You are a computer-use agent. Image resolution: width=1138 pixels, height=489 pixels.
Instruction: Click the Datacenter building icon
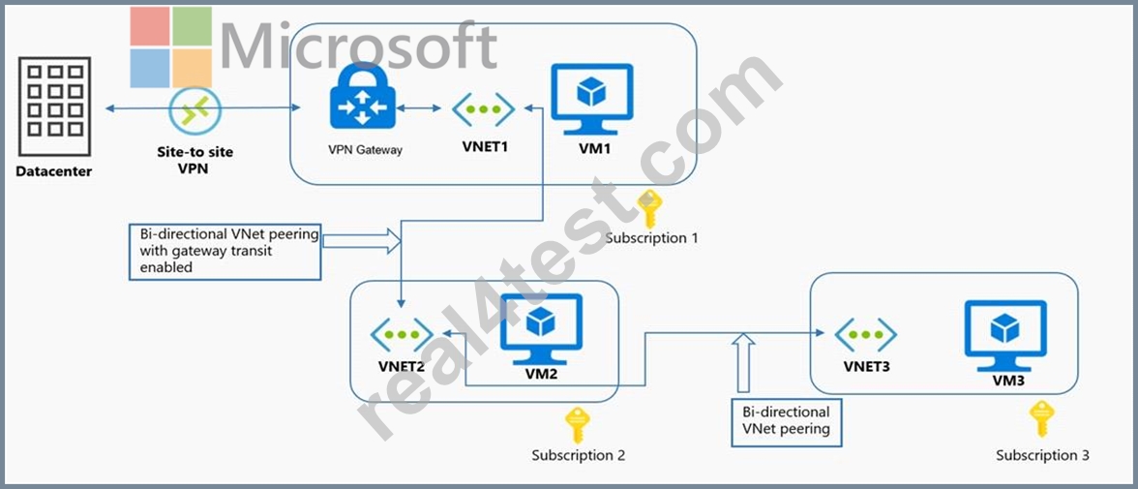click(55, 107)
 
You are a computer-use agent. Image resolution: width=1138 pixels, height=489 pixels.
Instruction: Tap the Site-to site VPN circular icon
click(189, 109)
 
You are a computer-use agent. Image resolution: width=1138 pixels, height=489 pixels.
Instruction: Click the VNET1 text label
click(485, 146)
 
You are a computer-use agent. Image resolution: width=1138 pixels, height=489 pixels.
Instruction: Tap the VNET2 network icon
click(402, 334)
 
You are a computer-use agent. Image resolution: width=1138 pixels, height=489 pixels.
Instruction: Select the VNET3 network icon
click(865, 334)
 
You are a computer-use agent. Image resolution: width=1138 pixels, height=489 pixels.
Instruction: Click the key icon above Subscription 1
click(648, 209)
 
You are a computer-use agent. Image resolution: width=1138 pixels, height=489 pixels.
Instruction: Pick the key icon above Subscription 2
click(578, 425)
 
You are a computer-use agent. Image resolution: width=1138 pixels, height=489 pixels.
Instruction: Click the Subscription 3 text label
click(1042, 455)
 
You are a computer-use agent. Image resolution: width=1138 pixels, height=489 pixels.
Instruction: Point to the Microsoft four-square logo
click(171, 47)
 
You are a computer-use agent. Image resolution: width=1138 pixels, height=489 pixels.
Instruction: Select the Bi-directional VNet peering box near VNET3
click(786, 422)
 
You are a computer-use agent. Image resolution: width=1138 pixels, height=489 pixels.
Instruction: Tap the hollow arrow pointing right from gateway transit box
click(362, 241)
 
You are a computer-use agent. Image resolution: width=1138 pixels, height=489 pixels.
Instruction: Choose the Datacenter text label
click(54, 172)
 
